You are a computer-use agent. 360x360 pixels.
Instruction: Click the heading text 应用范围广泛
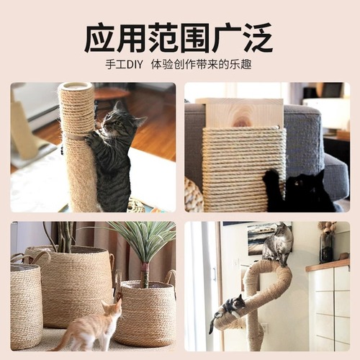179,37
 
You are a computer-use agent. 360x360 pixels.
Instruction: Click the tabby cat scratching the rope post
112,155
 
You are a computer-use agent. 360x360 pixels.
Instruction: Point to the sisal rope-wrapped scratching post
77,144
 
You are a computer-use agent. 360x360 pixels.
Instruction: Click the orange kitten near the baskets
90,328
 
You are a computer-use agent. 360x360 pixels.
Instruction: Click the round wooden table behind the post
112,94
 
